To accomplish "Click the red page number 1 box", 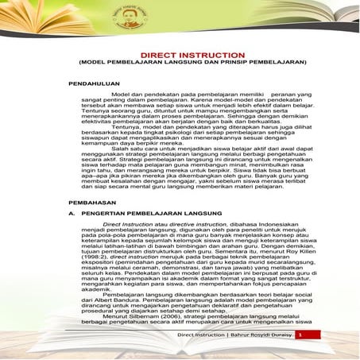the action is (302, 335).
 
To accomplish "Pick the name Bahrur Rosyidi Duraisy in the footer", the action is (261, 335).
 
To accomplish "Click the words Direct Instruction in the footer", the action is (200, 335).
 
